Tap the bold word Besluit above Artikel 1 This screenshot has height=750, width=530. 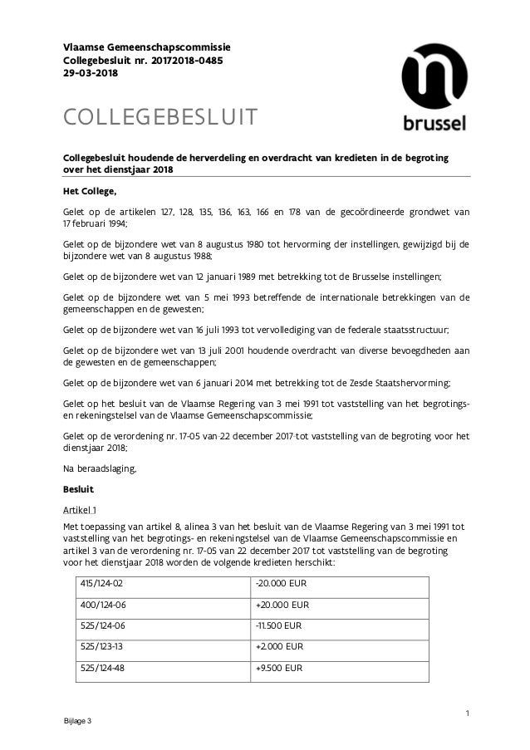click(x=80, y=488)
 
